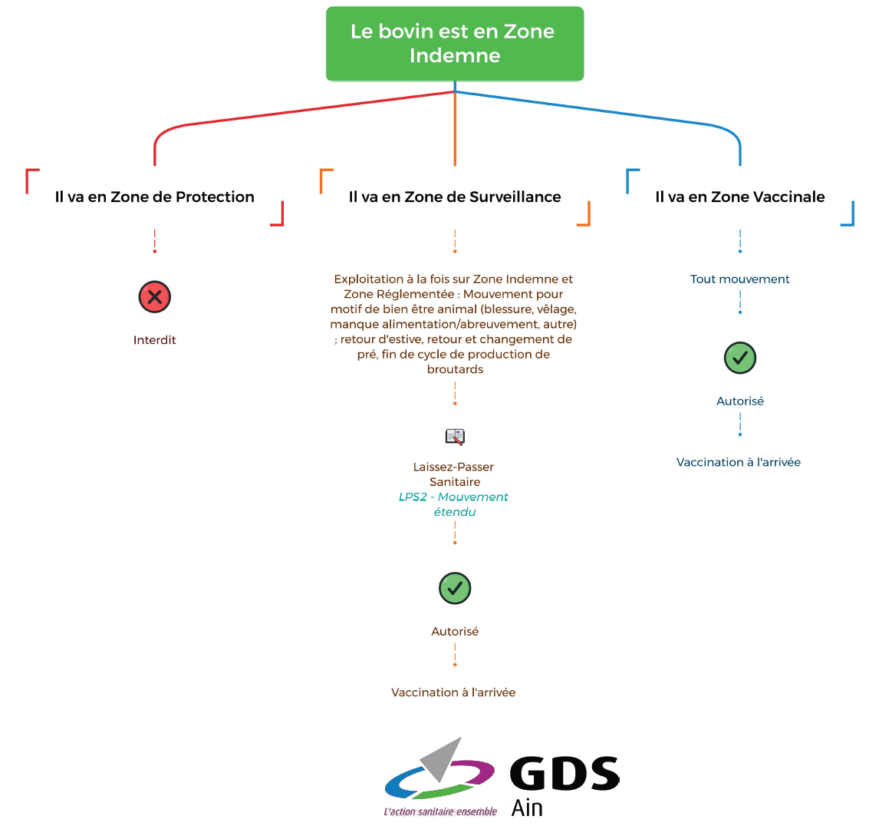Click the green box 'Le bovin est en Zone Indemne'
(455, 44)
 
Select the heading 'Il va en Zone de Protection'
(154, 197)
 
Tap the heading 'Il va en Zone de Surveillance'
(455, 197)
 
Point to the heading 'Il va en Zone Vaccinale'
(740, 197)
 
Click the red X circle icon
(155, 297)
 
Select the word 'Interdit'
(155, 340)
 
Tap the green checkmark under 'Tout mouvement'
(740, 358)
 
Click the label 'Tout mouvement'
(740, 279)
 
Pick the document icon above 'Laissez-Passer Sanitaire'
(455, 437)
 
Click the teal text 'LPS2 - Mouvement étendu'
(454, 504)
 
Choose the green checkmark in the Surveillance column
(455, 589)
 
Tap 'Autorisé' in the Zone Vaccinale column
(740, 401)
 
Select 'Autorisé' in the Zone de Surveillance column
(455, 632)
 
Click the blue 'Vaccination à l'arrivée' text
(739, 462)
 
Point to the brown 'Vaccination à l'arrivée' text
(453, 692)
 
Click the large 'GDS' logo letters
(564, 774)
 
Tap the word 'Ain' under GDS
(527, 808)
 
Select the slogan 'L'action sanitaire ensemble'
(440, 811)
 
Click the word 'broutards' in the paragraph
(455, 369)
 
